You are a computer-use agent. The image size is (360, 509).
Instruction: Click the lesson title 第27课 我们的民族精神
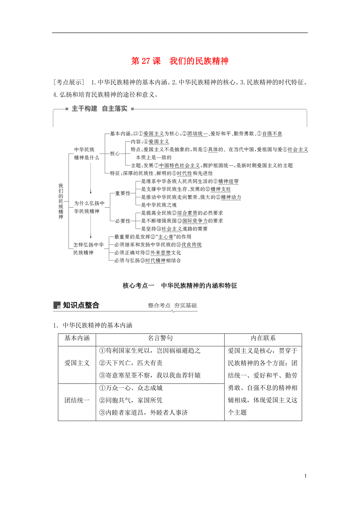(180, 61)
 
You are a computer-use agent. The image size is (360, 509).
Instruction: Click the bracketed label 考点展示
(69, 82)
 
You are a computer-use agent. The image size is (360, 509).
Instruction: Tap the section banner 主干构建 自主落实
(99, 109)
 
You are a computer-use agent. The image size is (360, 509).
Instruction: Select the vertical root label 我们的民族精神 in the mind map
(61, 201)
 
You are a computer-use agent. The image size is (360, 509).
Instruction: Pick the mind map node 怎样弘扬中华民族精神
(88, 249)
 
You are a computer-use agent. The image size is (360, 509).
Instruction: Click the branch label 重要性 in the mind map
(122, 194)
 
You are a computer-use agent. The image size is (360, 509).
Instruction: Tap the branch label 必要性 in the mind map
(122, 221)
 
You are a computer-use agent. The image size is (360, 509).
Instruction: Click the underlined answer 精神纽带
(228, 181)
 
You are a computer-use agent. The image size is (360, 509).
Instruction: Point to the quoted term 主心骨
(161, 237)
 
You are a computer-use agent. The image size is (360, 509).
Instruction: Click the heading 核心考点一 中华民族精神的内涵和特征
(180, 286)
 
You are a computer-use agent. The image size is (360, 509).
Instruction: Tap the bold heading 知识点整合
(81, 305)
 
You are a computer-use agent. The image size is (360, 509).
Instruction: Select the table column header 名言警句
(160, 338)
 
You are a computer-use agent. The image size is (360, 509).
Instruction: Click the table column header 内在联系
(263, 338)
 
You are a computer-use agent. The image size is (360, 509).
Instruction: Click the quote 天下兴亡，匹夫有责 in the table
(131, 363)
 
